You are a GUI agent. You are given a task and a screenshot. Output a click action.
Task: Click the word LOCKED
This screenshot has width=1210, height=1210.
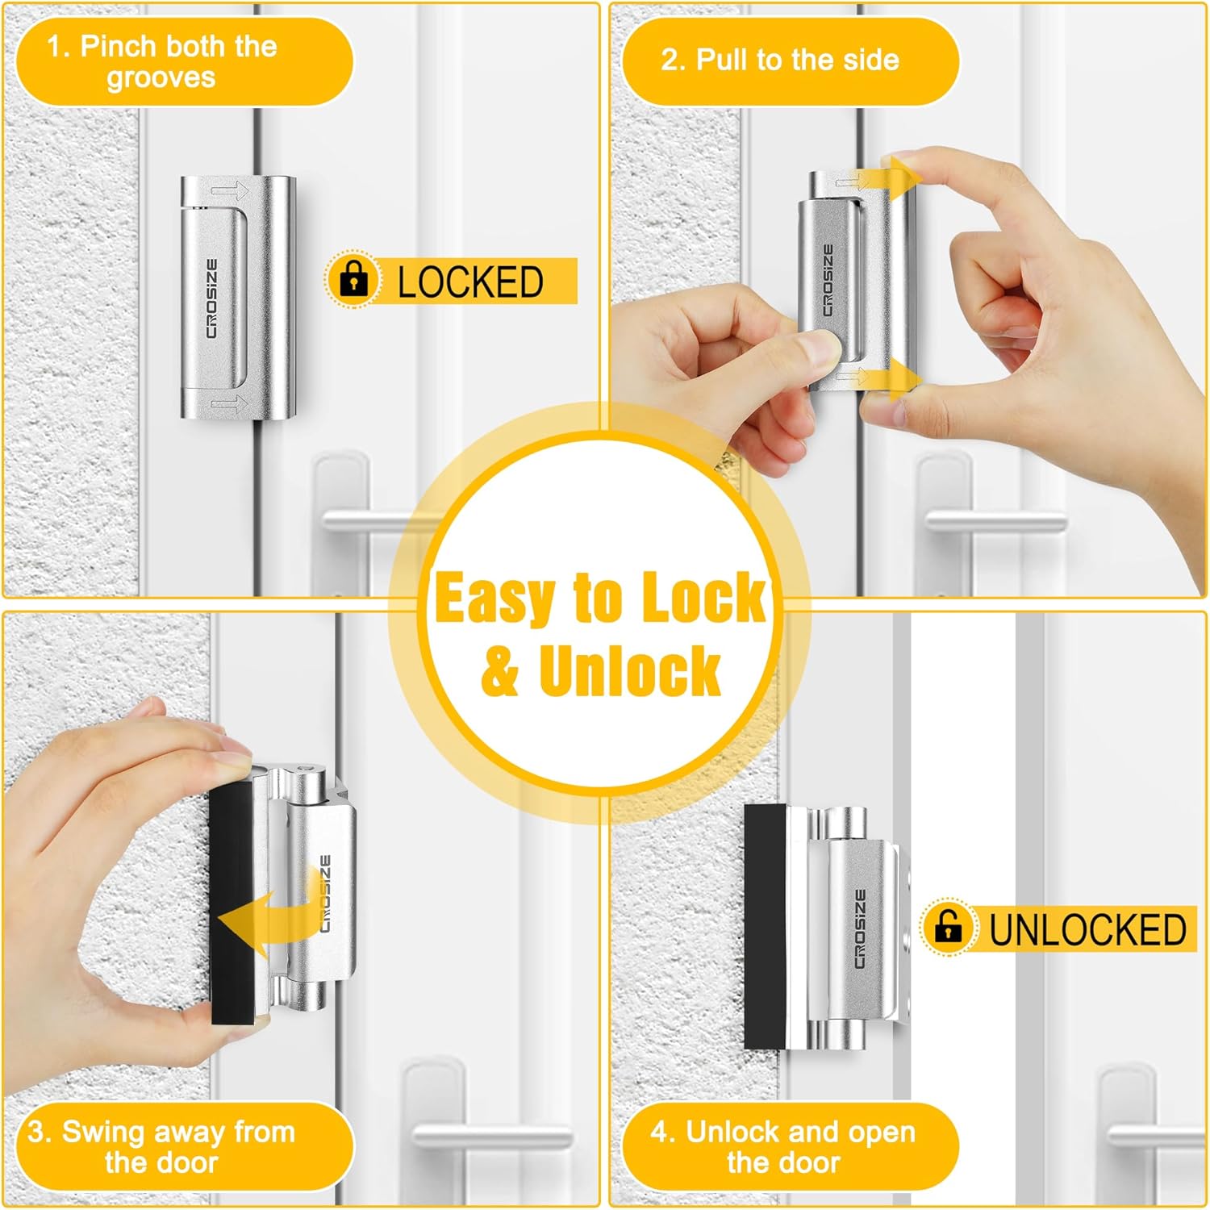pos(470,282)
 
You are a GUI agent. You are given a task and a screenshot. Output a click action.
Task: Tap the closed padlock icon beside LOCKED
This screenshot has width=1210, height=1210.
pos(353,279)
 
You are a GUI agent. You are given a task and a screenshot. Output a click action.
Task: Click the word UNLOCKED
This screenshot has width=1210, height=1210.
pos(1087,929)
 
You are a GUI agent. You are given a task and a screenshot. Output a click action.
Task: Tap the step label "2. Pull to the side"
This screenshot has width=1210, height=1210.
pos(780,60)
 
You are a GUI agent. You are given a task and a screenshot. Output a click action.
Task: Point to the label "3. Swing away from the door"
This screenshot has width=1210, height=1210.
pos(162,1146)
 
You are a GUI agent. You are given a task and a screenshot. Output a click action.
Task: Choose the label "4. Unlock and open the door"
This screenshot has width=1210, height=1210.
pos(783,1146)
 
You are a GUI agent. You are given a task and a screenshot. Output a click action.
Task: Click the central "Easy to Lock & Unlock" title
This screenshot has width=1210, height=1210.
pos(600,633)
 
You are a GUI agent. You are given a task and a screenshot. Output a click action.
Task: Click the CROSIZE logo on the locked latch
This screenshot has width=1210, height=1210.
pos(211,298)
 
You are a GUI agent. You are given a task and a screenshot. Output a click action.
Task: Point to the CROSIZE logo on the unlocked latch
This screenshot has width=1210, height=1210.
pos(860,928)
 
